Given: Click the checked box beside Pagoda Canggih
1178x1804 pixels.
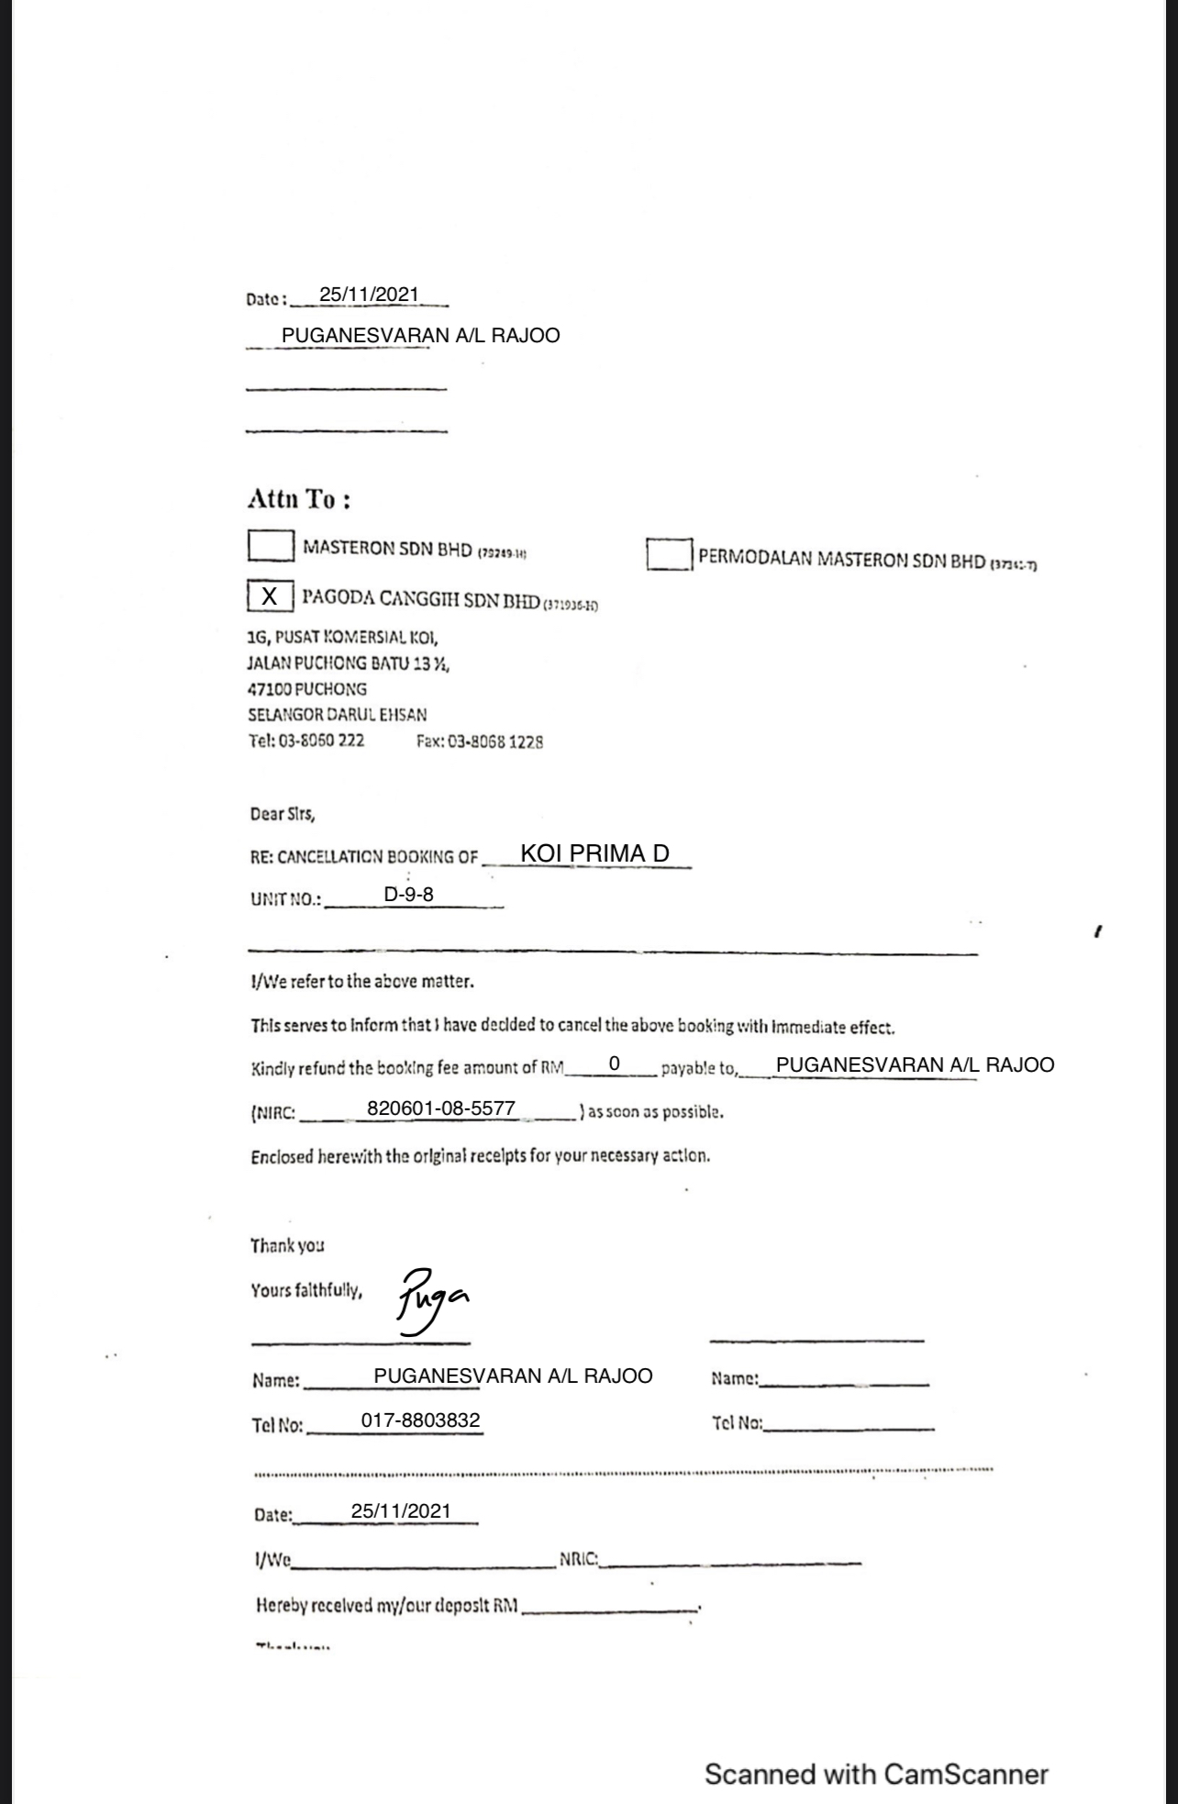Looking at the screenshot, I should tap(270, 596).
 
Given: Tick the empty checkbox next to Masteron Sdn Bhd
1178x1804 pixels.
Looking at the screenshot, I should tap(271, 546).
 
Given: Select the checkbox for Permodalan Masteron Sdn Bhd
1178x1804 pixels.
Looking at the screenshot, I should tap(669, 554).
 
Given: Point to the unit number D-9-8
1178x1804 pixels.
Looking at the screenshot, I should tap(408, 893).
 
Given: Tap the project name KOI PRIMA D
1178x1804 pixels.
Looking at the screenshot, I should tap(595, 853).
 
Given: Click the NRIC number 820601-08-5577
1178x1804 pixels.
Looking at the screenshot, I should tap(441, 1108).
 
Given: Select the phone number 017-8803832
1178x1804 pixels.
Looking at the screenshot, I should tap(420, 1420).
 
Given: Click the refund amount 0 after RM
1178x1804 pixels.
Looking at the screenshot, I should tap(615, 1063).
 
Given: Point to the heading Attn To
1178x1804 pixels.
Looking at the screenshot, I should tap(299, 499).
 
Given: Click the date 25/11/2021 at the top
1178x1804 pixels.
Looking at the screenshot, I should tap(369, 295).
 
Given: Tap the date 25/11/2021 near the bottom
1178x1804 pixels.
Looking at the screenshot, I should tap(401, 1511).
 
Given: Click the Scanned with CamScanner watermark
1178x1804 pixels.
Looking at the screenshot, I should tap(876, 1775).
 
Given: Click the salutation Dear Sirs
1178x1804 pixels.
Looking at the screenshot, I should tap(283, 814).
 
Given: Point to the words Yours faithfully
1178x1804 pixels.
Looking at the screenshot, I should tap(306, 1291).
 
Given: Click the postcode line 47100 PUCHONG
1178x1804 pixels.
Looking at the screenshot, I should tap(307, 689).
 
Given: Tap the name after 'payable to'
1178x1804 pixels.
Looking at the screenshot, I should tap(915, 1065).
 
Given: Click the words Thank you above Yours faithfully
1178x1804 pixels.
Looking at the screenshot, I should tap(287, 1245).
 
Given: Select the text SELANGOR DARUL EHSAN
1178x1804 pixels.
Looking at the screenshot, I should tap(338, 714).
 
